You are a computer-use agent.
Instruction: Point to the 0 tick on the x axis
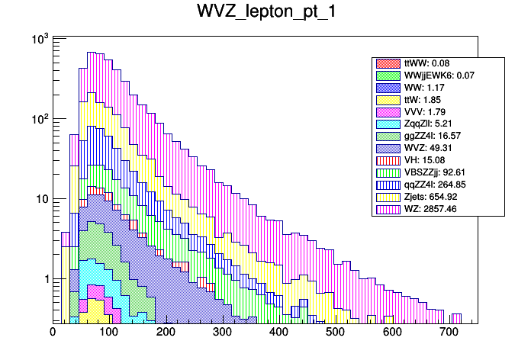point(53,332)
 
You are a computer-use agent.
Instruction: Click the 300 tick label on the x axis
point(222,332)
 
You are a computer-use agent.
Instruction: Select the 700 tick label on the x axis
point(449,332)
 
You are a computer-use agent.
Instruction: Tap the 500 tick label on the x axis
point(335,332)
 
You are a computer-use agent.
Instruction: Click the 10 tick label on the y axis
point(40,199)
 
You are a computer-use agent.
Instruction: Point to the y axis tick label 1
point(45,279)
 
